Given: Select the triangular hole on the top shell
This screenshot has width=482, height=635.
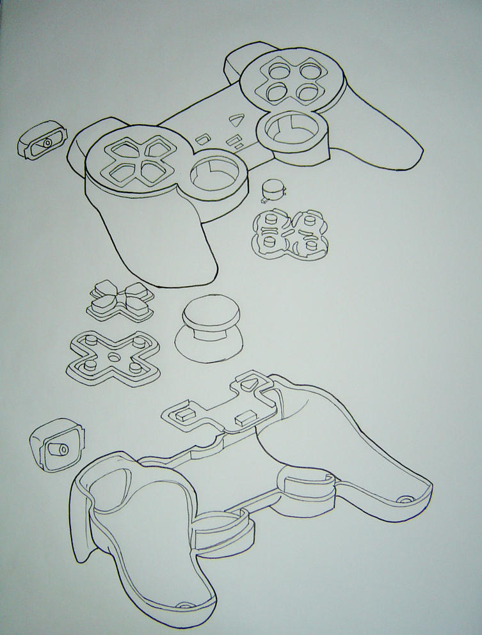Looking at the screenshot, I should [237, 119].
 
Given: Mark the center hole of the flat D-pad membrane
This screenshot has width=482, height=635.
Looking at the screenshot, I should [113, 356].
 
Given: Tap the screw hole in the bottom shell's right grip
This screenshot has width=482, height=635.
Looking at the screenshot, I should [405, 497].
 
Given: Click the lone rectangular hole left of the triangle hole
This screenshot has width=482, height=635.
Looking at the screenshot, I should [203, 136].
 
